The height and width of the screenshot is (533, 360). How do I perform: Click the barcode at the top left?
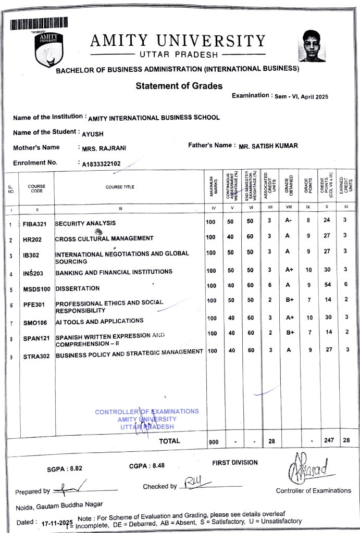click(38, 23)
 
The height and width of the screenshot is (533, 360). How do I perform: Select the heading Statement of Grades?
click(179, 86)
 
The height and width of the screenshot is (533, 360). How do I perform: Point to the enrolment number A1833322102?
click(102, 164)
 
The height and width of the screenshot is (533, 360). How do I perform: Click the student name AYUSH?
click(93, 134)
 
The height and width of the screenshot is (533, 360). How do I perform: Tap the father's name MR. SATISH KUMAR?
click(268, 146)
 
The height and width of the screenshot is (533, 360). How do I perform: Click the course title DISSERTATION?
click(78, 288)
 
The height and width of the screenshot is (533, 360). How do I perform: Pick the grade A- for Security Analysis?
click(288, 221)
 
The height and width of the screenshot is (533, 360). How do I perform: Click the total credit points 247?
click(329, 440)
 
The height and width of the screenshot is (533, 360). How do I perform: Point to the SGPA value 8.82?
click(73, 468)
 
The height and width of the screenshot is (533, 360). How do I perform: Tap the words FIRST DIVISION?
click(234, 462)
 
